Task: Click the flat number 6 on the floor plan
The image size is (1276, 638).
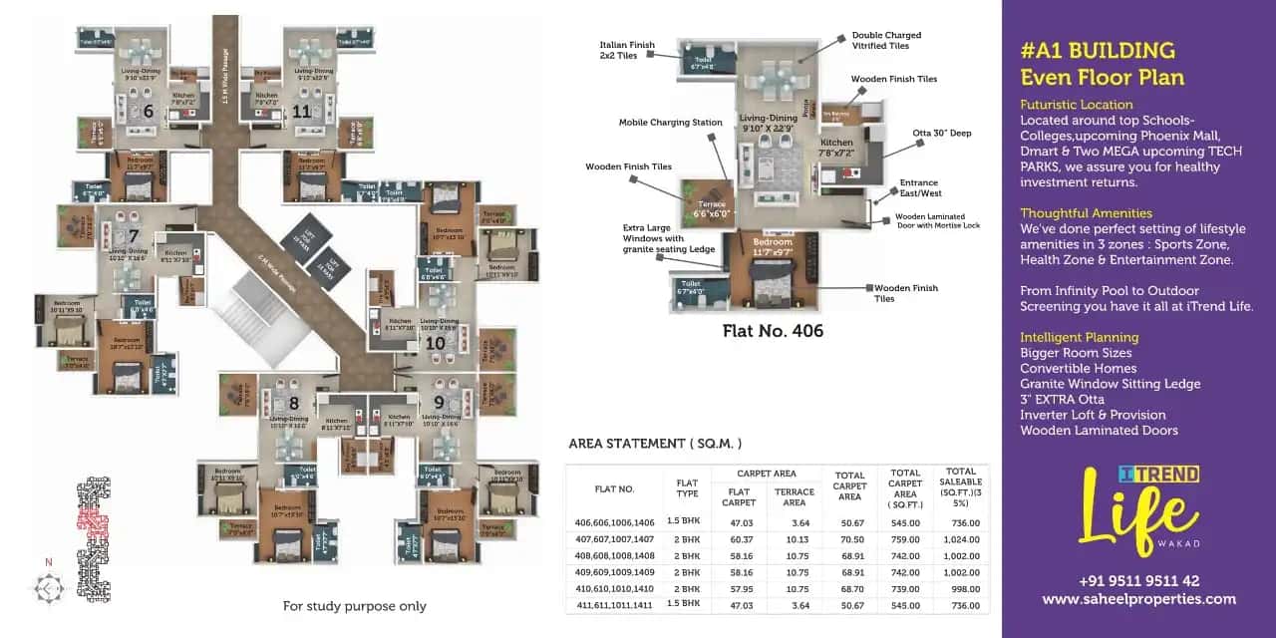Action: [148, 111]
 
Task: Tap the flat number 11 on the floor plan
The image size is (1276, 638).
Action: [302, 111]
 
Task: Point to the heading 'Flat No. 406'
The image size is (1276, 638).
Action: [773, 331]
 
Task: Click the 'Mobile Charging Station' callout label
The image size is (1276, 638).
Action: [670, 123]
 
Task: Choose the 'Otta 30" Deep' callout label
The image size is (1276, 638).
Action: [941, 133]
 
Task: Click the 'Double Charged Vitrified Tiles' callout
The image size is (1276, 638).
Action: [886, 41]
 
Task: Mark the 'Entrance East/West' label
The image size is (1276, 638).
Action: [918, 188]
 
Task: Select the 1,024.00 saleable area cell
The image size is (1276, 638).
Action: [961, 539]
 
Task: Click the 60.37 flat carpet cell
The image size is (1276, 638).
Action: [739, 539]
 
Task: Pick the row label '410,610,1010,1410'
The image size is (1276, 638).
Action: [615, 589]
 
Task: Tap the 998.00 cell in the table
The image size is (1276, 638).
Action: [961, 589]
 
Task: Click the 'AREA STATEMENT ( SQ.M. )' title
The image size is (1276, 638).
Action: [655, 444]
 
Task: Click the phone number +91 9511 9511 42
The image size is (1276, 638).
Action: [1138, 581]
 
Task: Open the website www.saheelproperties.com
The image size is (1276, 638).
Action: [1138, 599]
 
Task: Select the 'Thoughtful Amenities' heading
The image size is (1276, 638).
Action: [1086, 213]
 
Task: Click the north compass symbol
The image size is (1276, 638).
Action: [47, 587]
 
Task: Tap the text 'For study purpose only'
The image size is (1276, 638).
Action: [354, 606]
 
